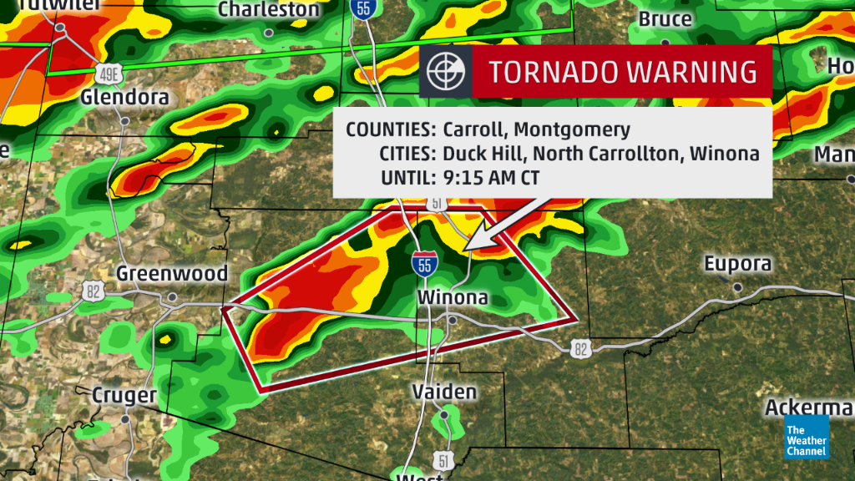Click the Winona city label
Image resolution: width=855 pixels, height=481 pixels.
[452, 298]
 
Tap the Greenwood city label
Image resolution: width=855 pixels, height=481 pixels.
[172, 274]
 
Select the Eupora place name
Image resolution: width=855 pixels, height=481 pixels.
[737, 264]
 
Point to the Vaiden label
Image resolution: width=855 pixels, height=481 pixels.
[444, 392]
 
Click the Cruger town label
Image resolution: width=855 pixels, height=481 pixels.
[124, 394]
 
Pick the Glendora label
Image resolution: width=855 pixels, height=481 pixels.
[124, 98]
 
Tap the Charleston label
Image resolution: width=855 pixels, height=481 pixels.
[268, 10]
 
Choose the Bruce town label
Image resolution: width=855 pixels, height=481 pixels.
[665, 18]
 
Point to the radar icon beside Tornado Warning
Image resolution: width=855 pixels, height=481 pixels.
[445, 71]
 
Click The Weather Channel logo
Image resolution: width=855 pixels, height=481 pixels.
[806, 440]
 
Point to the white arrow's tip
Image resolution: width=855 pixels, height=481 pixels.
[464, 250]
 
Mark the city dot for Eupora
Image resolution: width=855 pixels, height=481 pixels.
[737, 287]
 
